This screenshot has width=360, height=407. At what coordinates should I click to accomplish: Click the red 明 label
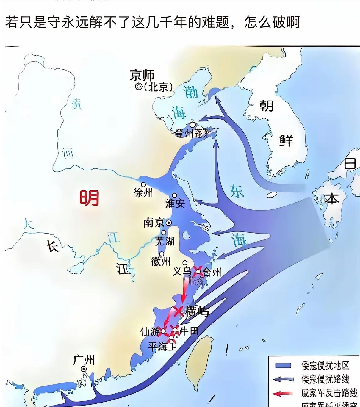[x=89, y=198]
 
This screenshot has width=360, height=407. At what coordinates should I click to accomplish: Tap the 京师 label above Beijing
[x=142, y=75]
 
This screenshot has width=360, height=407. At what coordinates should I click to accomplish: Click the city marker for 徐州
[x=143, y=185]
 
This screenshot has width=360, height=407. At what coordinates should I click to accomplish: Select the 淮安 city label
[x=175, y=203]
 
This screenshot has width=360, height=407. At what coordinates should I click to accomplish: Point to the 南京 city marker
[x=169, y=222]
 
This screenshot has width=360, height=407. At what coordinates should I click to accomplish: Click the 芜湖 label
[x=165, y=241]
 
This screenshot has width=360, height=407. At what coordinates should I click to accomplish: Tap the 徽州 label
[x=161, y=262]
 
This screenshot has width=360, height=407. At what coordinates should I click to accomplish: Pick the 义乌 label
[x=182, y=271]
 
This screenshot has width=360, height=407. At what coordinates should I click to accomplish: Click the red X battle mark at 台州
[x=198, y=271]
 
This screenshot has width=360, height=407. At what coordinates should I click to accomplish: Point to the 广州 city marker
[x=84, y=369]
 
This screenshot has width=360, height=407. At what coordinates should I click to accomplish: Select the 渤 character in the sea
[x=191, y=92]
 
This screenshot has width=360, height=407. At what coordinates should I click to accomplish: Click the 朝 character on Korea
[x=266, y=106]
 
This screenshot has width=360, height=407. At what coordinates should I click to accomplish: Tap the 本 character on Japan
[x=332, y=198]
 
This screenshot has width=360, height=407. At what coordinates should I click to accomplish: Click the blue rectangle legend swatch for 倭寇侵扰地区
[x=283, y=365]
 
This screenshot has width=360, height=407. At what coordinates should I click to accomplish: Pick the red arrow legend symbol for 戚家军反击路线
[x=283, y=394]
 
